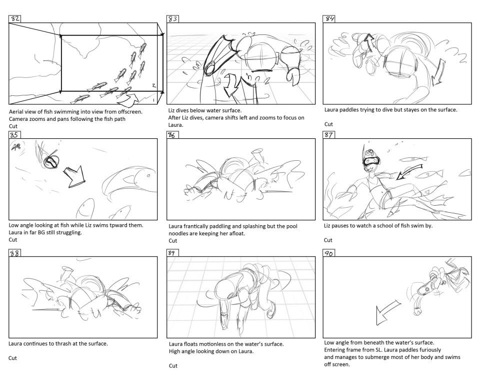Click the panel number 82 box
point(14,19)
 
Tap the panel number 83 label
point(172,19)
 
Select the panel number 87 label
point(328,135)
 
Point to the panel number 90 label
point(329,253)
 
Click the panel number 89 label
point(172,253)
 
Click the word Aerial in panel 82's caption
point(16,112)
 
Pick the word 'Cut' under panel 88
point(12,358)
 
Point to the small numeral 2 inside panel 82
point(154,85)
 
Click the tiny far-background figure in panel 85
point(16,147)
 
